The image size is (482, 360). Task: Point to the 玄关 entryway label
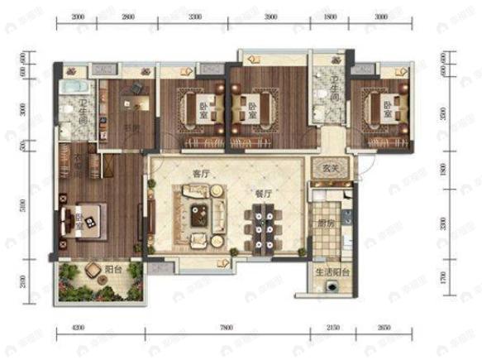point(331,169)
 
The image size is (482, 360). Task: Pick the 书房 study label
point(129,129)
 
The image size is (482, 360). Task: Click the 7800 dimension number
point(227,329)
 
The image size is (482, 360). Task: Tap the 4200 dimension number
point(79,329)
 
